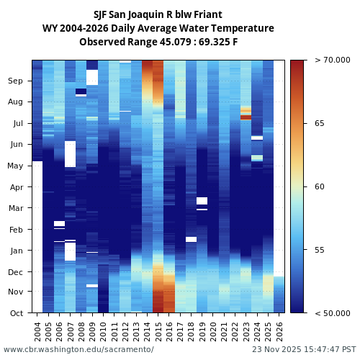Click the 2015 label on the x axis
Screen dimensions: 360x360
pyautogui.click(x=158, y=332)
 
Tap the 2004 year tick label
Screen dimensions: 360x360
pyautogui.click(x=37, y=332)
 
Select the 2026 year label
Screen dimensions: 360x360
pyautogui.click(x=279, y=332)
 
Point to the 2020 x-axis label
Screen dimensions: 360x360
pyautogui.click(x=213, y=332)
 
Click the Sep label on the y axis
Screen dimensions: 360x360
pyautogui.click(x=16, y=81)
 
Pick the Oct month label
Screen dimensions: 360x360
pyautogui.click(x=17, y=313)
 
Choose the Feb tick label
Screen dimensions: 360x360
pyautogui.click(x=16, y=230)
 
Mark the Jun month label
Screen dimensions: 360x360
pyautogui.click(x=16, y=145)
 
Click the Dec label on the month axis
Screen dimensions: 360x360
pyautogui.click(x=16, y=272)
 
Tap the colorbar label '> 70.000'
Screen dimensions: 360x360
pyautogui.click(x=332, y=60)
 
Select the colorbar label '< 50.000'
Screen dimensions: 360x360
pyautogui.click(x=332, y=313)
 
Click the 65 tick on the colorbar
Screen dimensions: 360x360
pyautogui.click(x=320, y=124)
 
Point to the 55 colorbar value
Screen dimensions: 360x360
pyautogui.click(x=320, y=250)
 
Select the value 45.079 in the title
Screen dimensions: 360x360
pyautogui.click(x=161, y=42)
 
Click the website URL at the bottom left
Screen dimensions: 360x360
pyautogui.click(x=78, y=349)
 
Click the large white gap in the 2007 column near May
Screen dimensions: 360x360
pyautogui.click(x=70, y=154)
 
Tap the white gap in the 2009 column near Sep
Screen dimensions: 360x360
pyautogui.click(x=92, y=77)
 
